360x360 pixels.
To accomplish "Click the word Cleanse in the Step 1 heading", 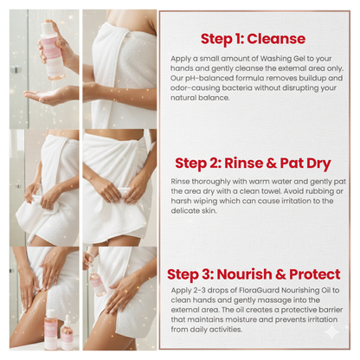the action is click(x=276, y=39).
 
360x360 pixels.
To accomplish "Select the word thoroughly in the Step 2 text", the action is click(x=209, y=182).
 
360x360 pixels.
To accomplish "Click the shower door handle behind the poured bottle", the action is click(x=16, y=69).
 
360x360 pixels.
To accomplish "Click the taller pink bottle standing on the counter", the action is click(x=51, y=330).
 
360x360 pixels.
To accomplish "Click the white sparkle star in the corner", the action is click(x=332, y=332).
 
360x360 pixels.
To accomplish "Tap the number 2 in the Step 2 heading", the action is click(x=214, y=164).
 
